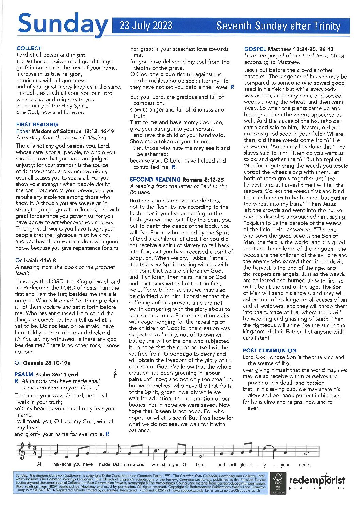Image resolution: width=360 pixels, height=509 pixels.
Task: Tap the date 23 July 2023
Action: pyautogui.click(x=146, y=26)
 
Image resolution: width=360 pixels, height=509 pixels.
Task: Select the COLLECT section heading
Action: pyautogui.click(x=29, y=48)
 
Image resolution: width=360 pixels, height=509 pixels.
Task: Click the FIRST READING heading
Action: pyautogui.click(x=37, y=124)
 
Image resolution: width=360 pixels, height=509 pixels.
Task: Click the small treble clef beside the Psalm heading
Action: pyautogui.click(x=115, y=374)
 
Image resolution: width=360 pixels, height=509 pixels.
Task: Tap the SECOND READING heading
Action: pyautogui.click(x=155, y=180)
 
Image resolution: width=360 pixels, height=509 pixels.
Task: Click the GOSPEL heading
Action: pyautogui.click(x=255, y=49)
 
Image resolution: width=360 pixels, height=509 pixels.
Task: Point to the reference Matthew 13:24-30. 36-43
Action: pyautogui.click(x=301, y=49)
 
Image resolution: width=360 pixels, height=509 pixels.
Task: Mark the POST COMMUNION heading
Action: pyautogui.click(x=270, y=351)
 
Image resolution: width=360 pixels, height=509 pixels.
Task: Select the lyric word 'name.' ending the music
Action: pyautogui.click(x=305, y=465)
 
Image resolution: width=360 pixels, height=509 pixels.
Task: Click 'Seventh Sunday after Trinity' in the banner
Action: pyautogui.click(x=278, y=26)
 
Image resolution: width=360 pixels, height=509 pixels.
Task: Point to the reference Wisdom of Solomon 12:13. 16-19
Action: pyautogui.click(x=73, y=131)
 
